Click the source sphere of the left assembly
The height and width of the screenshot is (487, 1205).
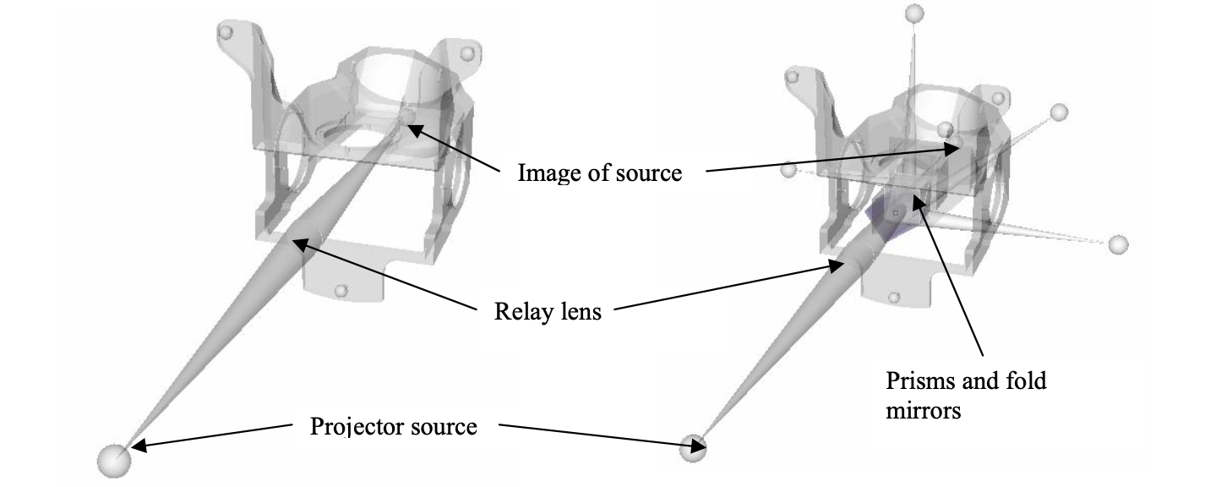[114, 461]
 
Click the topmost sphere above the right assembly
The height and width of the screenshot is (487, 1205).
[914, 14]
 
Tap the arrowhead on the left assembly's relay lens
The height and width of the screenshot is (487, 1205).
[297, 243]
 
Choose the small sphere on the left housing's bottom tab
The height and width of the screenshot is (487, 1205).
[341, 292]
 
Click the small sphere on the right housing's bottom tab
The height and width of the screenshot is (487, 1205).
[894, 298]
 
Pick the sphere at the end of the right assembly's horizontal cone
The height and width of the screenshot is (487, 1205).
[1118, 244]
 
